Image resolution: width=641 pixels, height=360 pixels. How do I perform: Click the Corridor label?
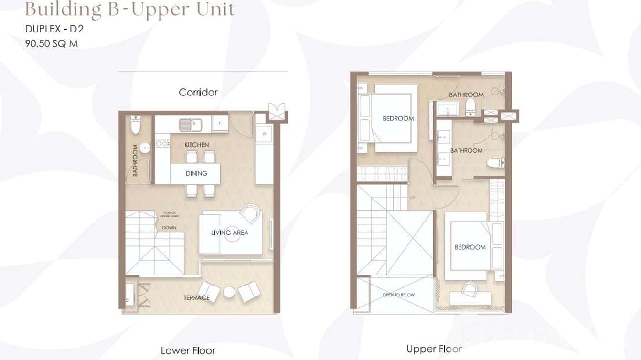pos(198,92)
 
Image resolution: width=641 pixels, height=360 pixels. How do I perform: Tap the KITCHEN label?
pos(196,145)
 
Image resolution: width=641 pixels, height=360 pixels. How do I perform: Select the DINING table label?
pos(196,173)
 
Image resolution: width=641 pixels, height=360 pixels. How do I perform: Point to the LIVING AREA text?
pos(230,233)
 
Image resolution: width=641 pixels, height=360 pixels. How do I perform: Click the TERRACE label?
pos(196,298)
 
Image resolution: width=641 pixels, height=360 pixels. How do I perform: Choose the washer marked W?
pos(264,134)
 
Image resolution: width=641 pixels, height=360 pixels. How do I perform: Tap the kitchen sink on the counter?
pos(190,125)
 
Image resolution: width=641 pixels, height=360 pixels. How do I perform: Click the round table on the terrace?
pos(229,292)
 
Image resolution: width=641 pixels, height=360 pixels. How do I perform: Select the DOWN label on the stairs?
pos(169,228)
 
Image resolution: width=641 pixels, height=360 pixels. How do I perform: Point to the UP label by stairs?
pos(412,197)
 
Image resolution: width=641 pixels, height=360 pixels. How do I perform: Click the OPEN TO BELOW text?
pos(398,295)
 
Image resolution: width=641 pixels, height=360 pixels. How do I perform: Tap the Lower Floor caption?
pos(188,351)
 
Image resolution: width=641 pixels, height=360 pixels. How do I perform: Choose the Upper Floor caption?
pos(434,349)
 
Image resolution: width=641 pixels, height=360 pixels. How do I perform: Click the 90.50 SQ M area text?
pos(51,43)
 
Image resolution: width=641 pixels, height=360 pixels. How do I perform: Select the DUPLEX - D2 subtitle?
pos(54,29)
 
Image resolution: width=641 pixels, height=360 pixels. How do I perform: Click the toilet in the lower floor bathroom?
pos(135,126)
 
